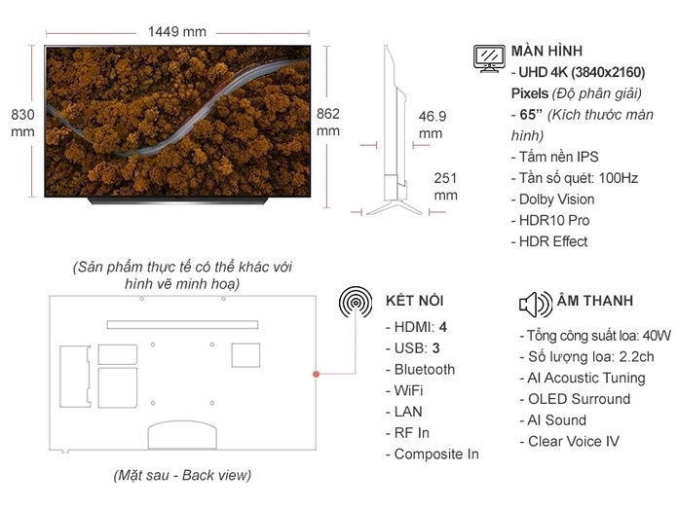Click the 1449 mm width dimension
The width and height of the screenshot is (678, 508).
(x=177, y=31)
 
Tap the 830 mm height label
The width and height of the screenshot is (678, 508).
(x=22, y=122)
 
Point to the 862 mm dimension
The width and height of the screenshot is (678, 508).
(x=328, y=122)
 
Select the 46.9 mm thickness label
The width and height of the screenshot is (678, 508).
(x=432, y=126)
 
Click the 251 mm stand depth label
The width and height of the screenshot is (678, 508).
(x=445, y=186)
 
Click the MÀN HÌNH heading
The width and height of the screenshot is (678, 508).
(x=547, y=51)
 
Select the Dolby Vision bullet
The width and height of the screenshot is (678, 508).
(x=551, y=200)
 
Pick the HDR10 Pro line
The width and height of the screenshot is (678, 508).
(x=549, y=221)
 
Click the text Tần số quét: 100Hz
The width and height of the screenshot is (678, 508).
(x=574, y=178)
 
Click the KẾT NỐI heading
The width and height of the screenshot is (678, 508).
(x=415, y=301)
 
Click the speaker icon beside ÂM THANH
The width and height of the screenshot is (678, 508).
(x=535, y=304)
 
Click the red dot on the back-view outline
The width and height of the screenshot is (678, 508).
(x=316, y=374)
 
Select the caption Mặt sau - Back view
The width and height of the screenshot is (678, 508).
(x=181, y=476)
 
